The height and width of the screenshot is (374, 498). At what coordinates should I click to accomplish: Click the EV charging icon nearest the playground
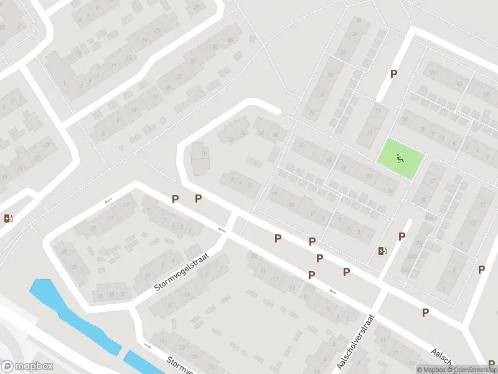pyautogui.click(x=382, y=251)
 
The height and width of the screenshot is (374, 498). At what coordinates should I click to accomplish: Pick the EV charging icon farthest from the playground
pyautogui.click(x=8, y=218)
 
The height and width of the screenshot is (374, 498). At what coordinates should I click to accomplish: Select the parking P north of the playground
pyautogui.click(x=393, y=74)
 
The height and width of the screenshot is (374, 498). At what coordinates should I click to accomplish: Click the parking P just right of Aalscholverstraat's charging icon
pyautogui.click(x=402, y=237)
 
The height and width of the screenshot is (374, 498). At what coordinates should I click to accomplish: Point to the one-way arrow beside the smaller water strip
pyautogui.click(x=148, y=346)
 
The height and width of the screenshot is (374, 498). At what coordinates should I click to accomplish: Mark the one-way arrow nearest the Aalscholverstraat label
pyautogui.click(x=332, y=291)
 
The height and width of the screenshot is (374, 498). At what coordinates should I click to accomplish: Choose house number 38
pyautogui.click(x=358, y=21)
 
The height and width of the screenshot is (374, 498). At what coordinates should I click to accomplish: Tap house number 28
pyautogui.click(x=329, y=75)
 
